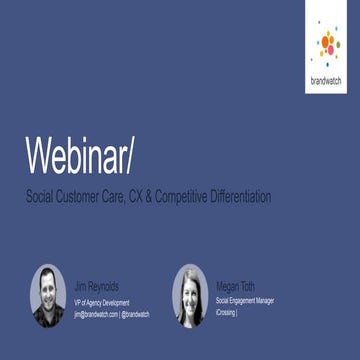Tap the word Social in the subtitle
[43, 196]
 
